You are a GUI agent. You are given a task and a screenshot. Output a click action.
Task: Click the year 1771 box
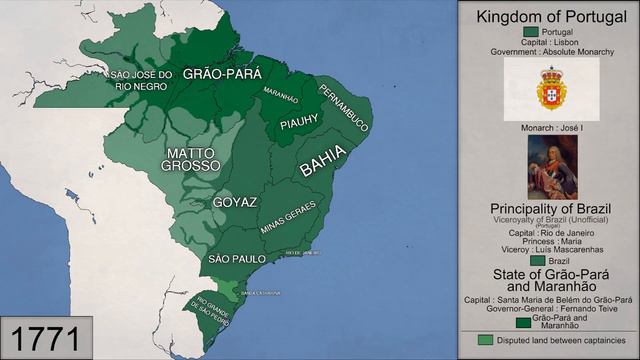[47, 337]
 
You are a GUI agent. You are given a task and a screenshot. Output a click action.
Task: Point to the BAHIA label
[323, 161]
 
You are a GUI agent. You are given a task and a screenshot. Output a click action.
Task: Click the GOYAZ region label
[233, 202]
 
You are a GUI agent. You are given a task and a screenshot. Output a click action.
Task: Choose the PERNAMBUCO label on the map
[344, 108]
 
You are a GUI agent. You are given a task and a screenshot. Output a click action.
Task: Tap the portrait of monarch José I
[551, 166]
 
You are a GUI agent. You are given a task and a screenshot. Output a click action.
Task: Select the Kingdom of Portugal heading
[549, 17]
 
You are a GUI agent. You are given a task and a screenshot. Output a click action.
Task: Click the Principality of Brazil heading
[550, 207]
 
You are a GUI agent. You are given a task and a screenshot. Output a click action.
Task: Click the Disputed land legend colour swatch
[485, 340]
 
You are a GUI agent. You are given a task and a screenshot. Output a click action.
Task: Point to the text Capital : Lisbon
[550, 42]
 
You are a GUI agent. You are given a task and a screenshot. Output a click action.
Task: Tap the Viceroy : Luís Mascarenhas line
[550, 249]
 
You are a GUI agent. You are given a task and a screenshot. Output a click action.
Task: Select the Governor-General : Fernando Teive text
[550, 308]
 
